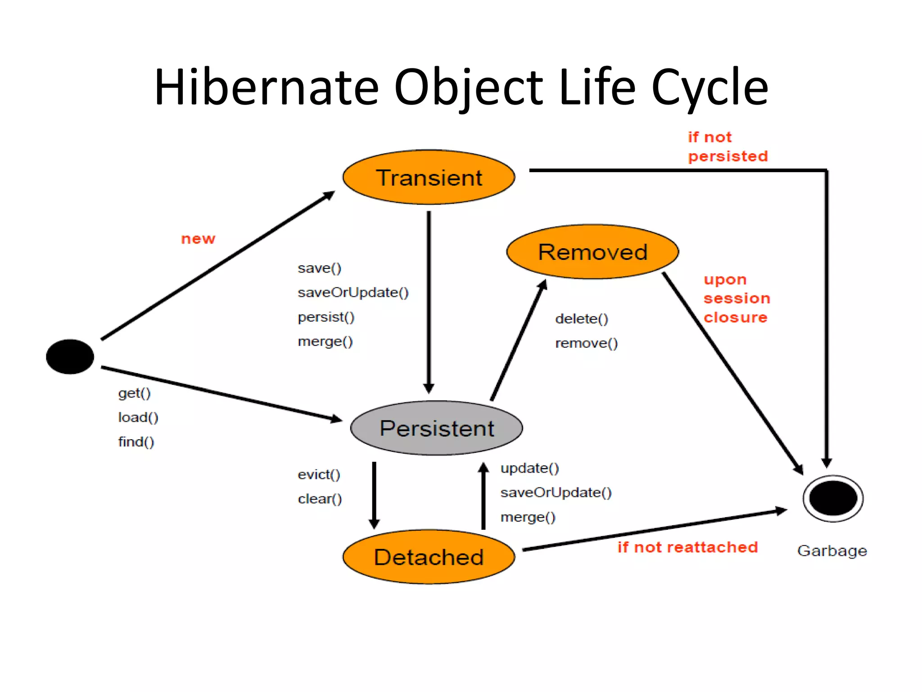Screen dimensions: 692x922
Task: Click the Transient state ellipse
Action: tap(429, 177)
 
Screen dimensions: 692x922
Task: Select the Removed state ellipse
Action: tap(592, 251)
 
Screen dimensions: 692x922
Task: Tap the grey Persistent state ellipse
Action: tap(436, 428)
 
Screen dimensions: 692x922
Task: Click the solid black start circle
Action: tap(70, 356)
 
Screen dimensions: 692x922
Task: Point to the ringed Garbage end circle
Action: tap(833, 498)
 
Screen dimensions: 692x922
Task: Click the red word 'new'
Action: tap(198, 239)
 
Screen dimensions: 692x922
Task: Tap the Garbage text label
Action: tap(832, 551)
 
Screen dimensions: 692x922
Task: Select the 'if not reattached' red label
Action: tap(687, 547)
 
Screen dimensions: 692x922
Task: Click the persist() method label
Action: tap(326, 317)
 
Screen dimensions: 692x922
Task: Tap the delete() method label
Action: tap(582, 319)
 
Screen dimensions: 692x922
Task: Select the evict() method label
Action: tap(319, 474)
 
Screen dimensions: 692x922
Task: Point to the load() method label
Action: tap(138, 418)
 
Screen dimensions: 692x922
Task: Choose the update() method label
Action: tap(529, 468)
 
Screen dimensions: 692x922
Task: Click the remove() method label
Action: tap(586, 343)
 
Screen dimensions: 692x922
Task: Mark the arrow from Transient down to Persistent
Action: tap(429, 302)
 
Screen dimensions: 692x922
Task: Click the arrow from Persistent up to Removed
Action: tap(518, 340)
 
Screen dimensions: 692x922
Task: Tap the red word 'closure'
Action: tap(735, 318)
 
